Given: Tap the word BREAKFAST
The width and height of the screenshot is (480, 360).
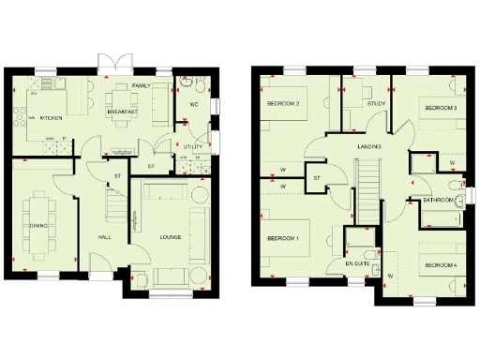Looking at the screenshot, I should tap(122, 112).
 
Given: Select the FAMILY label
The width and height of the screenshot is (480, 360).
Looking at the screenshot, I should tap(142, 86).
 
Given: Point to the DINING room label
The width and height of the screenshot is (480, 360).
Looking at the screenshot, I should tap(38, 226).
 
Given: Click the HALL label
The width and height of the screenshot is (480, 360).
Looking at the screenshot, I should tap(104, 236).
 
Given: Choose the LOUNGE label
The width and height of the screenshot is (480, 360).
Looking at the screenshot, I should tap(170, 236).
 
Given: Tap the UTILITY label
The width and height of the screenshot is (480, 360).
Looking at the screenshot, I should tap(193, 148).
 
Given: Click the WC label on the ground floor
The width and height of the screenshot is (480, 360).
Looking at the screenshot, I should tap(193, 104).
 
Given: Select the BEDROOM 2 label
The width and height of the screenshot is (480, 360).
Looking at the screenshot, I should tap(283, 103).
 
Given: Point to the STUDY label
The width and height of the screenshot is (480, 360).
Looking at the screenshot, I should tap(376, 103).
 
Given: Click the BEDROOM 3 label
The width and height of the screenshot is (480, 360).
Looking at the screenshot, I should tap(441, 109).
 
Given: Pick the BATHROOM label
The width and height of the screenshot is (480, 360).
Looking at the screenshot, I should tap(437, 201).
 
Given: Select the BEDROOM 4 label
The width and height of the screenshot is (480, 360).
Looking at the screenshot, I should tap(441, 265).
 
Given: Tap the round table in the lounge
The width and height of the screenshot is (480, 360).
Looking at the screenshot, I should tap(200, 196).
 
